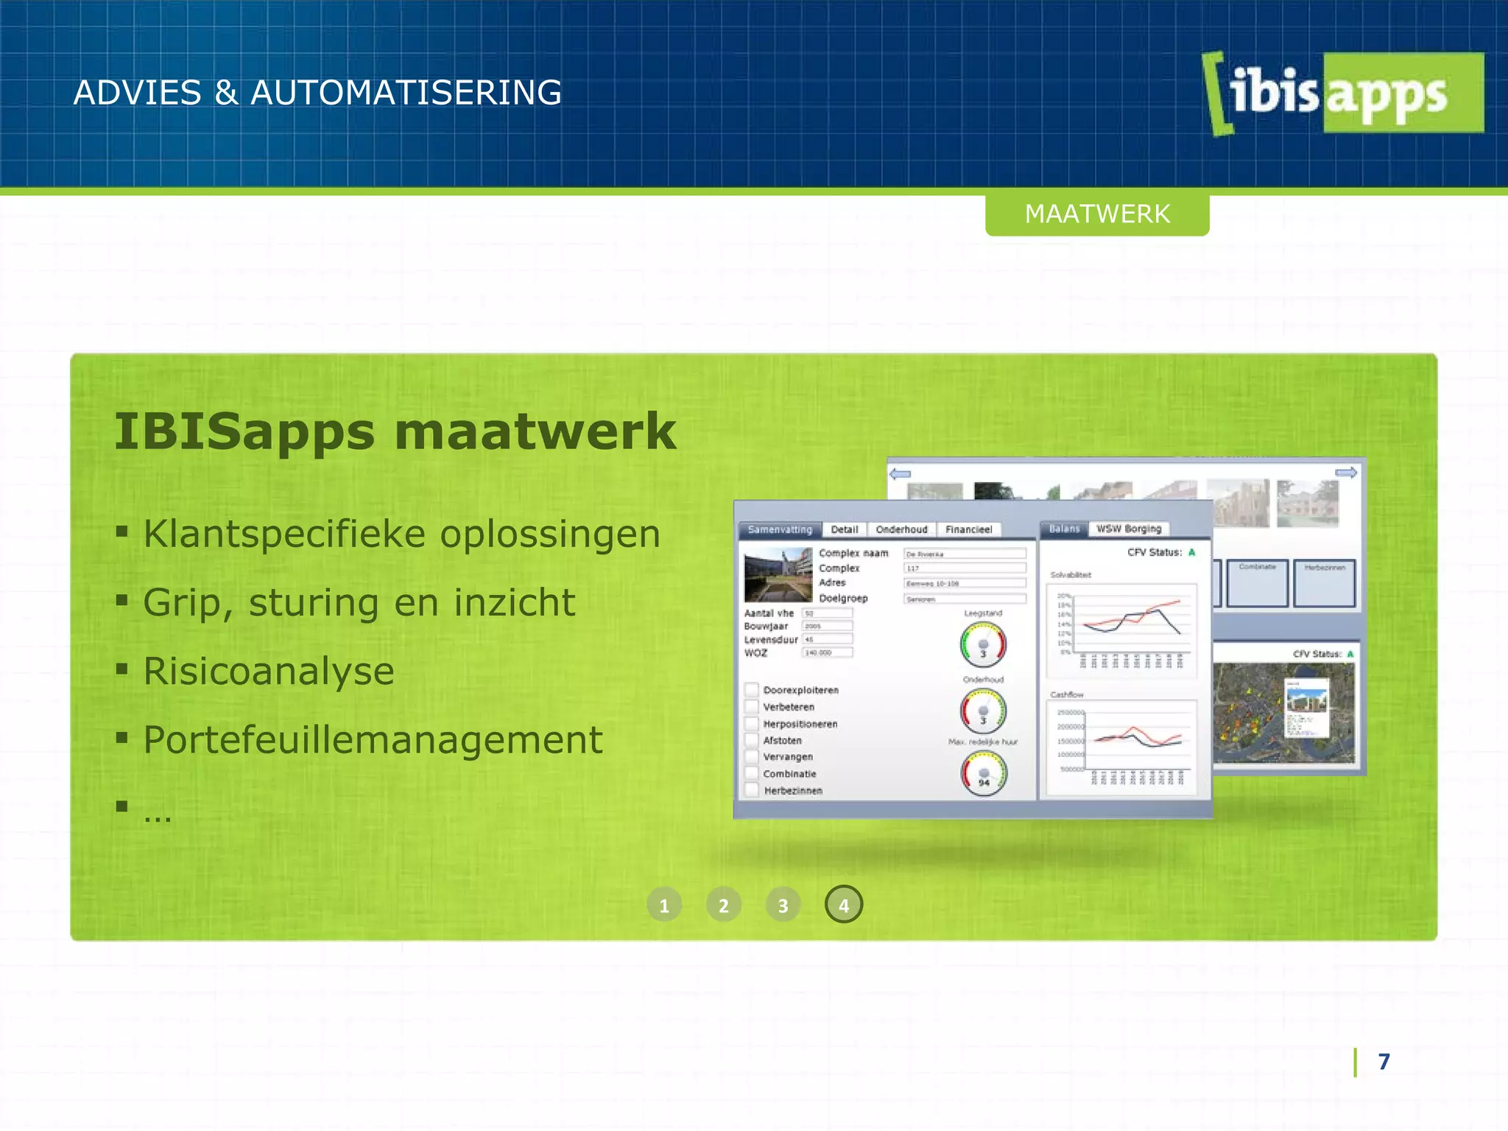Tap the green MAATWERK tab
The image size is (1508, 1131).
click(1097, 214)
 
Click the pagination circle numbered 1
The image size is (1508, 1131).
click(664, 905)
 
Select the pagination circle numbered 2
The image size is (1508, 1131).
click(724, 905)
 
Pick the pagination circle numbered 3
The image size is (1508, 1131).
click(783, 905)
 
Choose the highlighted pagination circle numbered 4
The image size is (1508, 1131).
click(844, 905)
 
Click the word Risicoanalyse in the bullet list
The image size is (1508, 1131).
click(269, 672)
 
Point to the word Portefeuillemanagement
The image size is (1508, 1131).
click(373, 740)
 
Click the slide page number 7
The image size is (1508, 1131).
click(1384, 1062)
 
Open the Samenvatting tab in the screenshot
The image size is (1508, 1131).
click(779, 529)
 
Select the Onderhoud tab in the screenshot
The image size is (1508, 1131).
click(901, 529)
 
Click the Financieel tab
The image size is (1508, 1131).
click(968, 529)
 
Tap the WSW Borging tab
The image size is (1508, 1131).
click(1129, 529)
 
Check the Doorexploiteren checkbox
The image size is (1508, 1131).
click(752, 690)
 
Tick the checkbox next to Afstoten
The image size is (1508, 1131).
click(752, 740)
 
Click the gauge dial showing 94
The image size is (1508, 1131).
click(984, 774)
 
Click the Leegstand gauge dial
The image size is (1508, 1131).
click(983, 644)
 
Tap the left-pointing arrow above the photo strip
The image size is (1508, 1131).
click(901, 473)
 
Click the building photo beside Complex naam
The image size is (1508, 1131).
click(778, 574)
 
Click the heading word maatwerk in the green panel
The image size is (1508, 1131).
click(535, 431)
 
